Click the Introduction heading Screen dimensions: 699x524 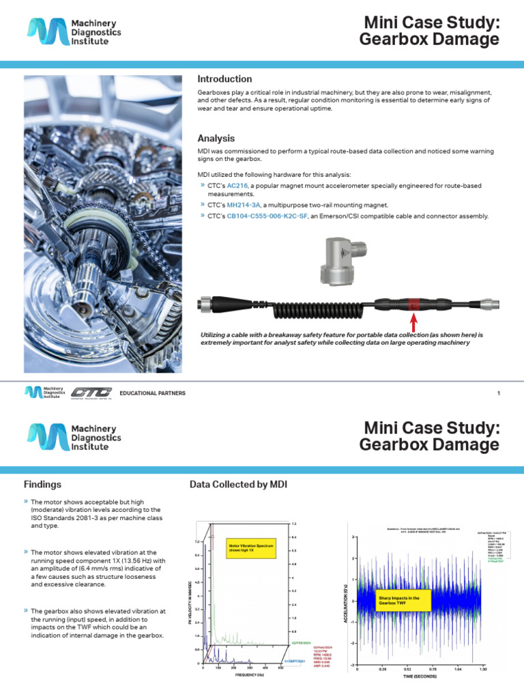[x=224, y=79]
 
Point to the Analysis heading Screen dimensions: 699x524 [x=216, y=138]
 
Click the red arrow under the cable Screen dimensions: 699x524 [x=413, y=322]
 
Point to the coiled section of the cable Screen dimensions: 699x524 [x=321, y=304]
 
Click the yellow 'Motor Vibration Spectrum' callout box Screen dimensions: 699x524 [x=251, y=548]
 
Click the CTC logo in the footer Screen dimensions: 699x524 [x=92, y=393]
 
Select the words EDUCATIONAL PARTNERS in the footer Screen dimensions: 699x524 [x=152, y=393]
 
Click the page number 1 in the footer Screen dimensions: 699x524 [x=499, y=393]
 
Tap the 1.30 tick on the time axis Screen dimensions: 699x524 [x=483, y=670]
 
